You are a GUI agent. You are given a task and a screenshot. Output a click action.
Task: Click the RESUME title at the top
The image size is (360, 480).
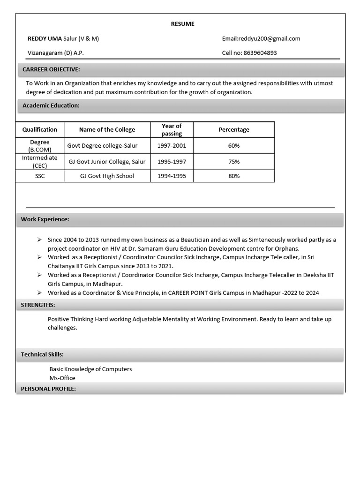pos(182,24)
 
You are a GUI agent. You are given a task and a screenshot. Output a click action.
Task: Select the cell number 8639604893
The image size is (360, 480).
pos(260,53)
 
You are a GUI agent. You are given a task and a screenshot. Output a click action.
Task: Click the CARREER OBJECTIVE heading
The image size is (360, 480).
pos(51,69)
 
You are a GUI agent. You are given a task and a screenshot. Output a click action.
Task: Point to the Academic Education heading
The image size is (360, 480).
pos(51,105)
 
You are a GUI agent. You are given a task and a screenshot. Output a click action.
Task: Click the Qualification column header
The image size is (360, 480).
pos(40,129)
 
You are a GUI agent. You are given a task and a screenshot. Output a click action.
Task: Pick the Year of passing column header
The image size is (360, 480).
pos(172,130)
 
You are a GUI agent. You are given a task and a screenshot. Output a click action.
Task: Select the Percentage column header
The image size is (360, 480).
pos(234,129)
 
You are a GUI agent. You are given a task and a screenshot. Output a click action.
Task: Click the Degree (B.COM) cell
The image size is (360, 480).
pos(40,146)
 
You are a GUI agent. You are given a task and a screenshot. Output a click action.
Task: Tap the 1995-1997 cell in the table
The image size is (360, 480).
pos(172,162)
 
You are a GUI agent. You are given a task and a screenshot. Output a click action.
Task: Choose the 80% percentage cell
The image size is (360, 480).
pos(234,176)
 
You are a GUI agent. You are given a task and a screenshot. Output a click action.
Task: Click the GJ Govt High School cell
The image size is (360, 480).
pos(107,176)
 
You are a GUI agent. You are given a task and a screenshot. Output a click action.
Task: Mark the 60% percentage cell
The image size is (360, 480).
pos(234,146)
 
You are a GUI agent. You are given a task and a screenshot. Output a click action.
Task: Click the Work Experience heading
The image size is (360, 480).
pos(45,219)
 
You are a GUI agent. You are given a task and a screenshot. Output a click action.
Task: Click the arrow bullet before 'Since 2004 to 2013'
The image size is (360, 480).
pos(39,240)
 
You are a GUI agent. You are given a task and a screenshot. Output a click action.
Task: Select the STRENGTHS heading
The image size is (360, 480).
pos(38,305)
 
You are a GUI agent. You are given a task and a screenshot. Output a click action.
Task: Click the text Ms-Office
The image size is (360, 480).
pos(62,378)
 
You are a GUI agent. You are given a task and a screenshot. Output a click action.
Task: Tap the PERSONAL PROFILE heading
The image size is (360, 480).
pos(48,389)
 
